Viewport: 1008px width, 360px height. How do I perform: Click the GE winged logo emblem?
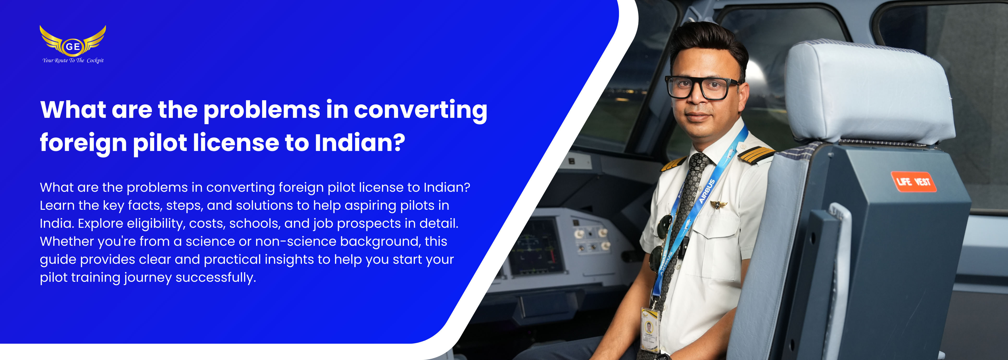pos(73,41)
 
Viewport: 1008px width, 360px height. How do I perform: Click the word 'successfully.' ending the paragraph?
pos(216,277)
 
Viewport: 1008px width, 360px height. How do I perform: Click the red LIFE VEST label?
pos(913,182)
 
